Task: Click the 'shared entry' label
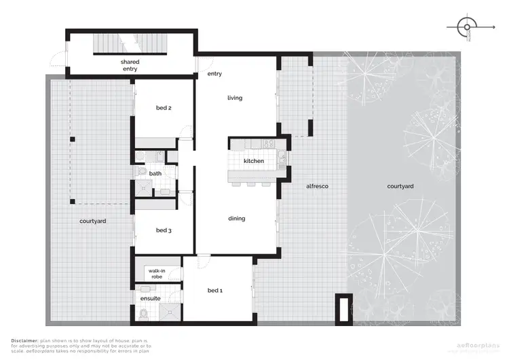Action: click(x=130, y=65)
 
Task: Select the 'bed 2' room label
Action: click(x=164, y=108)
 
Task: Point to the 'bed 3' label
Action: click(x=164, y=230)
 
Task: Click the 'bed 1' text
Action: click(x=214, y=291)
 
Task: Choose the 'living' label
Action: click(x=235, y=98)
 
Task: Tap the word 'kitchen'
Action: click(x=254, y=161)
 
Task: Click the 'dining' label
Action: click(x=236, y=218)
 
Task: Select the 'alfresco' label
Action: click(x=317, y=185)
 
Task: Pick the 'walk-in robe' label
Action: click(x=157, y=274)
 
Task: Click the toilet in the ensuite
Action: click(x=144, y=314)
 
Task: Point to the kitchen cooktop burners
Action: click(x=267, y=143)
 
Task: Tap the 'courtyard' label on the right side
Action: click(x=400, y=186)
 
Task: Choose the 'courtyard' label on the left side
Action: click(x=92, y=221)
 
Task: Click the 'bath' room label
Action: click(x=155, y=174)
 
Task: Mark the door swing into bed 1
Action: click(x=202, y=262)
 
